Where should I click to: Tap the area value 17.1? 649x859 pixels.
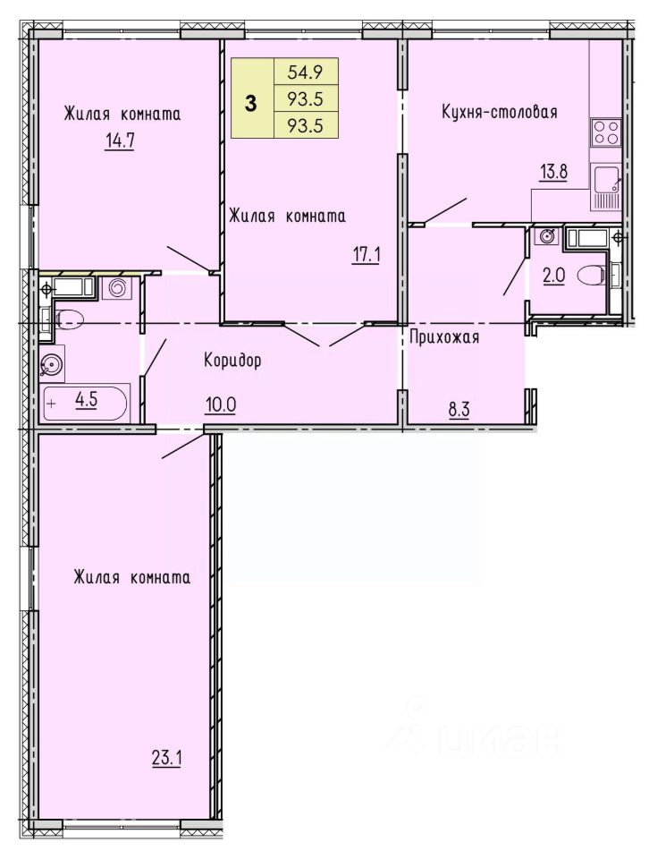click(367, 255)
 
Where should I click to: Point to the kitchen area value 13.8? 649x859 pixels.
click(553, 172)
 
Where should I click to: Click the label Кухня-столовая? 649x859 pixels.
click(499, 113)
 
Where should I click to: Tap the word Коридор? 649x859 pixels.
click(232, 360)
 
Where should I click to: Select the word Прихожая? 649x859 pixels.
click(444, 337)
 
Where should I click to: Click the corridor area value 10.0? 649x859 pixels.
click(221, 405)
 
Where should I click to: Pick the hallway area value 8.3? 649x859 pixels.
click(459, 409)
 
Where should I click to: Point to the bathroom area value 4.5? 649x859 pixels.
click(87, 400)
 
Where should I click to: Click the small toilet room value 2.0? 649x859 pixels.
click(553, 274)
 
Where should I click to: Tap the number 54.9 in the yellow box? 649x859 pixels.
click(306, 72)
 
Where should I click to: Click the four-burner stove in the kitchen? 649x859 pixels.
click(605, 132)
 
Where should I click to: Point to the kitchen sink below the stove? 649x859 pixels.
click(605, 179)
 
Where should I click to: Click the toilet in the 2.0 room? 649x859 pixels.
click(593, 274)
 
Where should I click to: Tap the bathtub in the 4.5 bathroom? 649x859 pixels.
click(85, 403)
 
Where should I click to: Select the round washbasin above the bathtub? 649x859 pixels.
click(53, 364)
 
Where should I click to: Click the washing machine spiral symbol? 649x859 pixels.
click(117, 287)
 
